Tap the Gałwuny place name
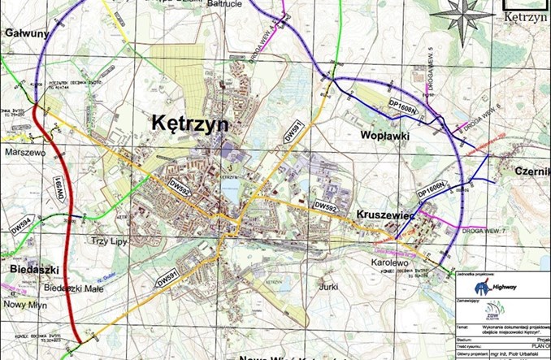27,33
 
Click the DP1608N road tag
401,106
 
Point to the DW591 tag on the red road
59,192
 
